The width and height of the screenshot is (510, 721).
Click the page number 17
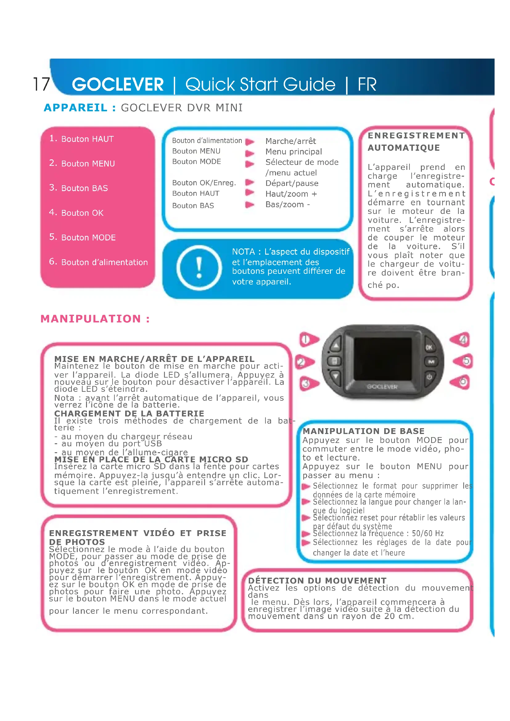(x=41, y=84)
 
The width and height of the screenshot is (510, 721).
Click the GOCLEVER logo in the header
(x=118, y=84)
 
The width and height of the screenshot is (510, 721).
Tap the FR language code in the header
(x=367, y=84)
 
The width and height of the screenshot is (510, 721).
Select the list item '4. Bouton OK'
(x=76, y=213)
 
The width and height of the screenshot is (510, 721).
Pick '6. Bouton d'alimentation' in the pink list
(x=98, y=262)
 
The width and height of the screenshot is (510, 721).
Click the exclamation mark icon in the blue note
(x=199, y=268)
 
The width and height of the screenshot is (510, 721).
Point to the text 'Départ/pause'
(x=292, y=183)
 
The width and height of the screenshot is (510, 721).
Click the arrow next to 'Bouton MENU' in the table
(x=250, y=153)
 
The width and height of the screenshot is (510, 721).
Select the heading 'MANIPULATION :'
(x=95, y=319)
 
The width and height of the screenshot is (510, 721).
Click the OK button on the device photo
(x=429, y=347)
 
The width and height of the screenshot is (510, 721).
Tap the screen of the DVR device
(x=382, y=358)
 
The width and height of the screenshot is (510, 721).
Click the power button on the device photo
(x=429, y=376)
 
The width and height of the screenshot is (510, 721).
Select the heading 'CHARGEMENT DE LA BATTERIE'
(x=129, y=414)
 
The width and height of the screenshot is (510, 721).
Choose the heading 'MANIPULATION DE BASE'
(x=363, y=431)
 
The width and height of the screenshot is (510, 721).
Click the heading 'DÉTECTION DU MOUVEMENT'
(x=317, y=580)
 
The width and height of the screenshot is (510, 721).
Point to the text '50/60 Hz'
(x=428, y=533)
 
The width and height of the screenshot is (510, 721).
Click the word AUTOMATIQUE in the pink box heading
(x=404, y=148)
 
